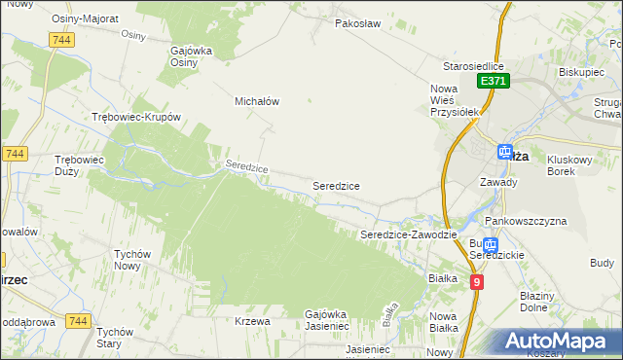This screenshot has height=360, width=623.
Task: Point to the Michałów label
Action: coord(257,100)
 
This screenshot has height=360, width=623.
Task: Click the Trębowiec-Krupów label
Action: coord(136,116)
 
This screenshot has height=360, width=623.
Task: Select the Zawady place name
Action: coord(498,182)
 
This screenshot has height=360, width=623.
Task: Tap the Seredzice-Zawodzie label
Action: coord(408,234)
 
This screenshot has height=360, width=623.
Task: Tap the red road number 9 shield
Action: coord(476,282)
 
